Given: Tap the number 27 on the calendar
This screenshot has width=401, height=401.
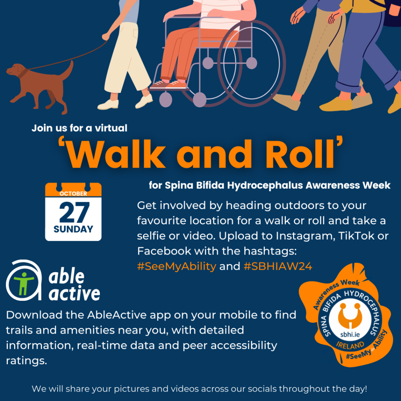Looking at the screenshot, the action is [74, 212].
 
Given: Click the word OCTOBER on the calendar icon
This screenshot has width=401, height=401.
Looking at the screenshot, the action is [73, 193].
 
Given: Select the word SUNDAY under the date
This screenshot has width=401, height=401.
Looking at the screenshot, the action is [73, 229].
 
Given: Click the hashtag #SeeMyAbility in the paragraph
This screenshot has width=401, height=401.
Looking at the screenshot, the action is [177, 266].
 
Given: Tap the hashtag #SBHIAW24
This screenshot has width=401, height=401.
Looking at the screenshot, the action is [278, 266].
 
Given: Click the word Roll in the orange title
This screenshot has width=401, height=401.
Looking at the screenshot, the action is [300, 154].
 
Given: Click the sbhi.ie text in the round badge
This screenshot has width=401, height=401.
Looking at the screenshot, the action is [350, 334].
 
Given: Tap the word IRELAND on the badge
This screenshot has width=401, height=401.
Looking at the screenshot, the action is [350, 346].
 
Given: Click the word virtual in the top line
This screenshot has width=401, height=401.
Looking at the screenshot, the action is [111, 128].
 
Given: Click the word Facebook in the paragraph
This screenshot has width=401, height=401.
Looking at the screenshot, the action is [164, 251].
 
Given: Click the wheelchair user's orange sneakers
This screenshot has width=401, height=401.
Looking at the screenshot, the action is [169, 85].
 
